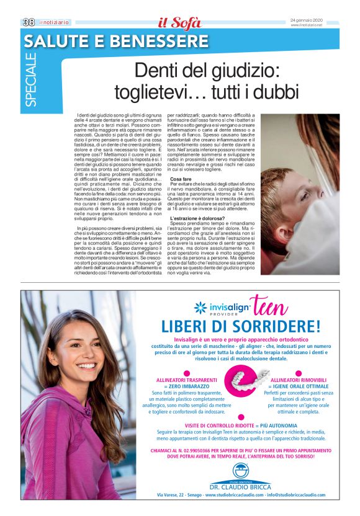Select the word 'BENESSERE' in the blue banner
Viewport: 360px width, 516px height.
pyautogui.click(x=164, y=41)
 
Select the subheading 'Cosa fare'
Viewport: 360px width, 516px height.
pyautogui.click(x=182, y=179)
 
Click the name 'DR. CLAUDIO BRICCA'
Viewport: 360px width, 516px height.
pyautogui.click(x=240, y=487)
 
